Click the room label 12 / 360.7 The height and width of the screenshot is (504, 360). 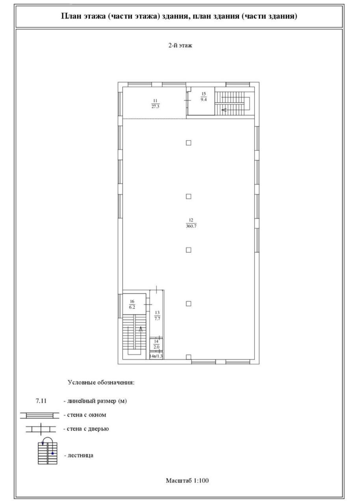tap(191, 223)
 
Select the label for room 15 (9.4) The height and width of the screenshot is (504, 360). tap(204, 97)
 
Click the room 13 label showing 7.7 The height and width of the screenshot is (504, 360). tap(157, 315)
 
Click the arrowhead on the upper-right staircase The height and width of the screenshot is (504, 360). tap(224, 110)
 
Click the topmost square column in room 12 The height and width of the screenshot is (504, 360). tap(189, 143)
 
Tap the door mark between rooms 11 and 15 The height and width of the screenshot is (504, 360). tap(187, 100)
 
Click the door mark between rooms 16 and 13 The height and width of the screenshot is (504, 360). tap(148, 304)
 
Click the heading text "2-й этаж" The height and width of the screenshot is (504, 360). tap(180, 45)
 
